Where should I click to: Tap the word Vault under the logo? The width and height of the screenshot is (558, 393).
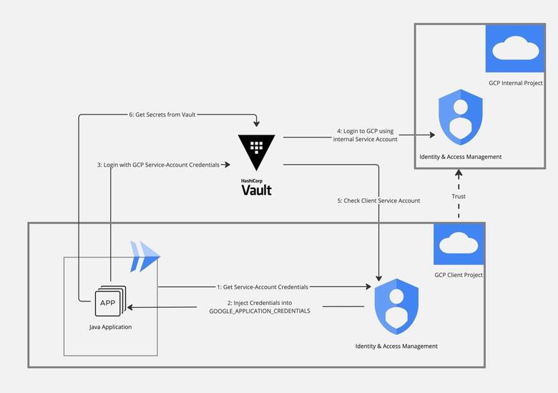(x=257, y=190)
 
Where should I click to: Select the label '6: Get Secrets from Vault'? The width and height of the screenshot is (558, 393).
(x=162, y=114)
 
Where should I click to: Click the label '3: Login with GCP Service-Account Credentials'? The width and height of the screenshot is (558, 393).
(x=162, y=165)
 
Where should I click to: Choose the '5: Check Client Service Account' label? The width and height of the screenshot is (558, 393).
(x=378, y=200)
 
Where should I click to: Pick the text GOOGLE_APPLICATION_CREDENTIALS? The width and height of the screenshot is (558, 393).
(x=260, y=311)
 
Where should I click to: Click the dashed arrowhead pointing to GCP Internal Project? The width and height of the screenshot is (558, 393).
(x=459, y=173)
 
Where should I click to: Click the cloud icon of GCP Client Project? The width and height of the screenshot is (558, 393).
(x=459, y=244)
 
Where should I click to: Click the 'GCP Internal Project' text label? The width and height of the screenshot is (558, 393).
(x=516, y=83)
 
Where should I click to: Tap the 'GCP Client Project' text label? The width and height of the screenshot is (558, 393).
(x=459, y=275)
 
